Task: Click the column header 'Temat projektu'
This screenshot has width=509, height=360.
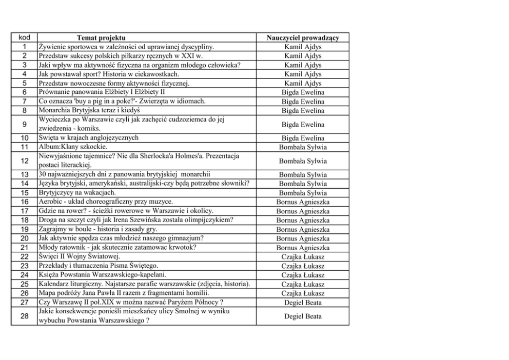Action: (x=101, y=38)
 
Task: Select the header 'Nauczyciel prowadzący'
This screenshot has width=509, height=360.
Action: (x=303, y=38)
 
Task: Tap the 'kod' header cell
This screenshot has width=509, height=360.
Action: (x=24, y=38)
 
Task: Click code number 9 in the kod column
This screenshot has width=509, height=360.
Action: (x=24, y=124)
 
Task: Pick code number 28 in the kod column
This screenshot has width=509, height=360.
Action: (x=24, y=316)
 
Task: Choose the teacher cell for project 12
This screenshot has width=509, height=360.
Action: (x=303, y=161)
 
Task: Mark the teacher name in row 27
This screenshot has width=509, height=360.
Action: (x=303, y=303)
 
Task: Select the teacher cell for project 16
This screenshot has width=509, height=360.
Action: (x=303, y=202)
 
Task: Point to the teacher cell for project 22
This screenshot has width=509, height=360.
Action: (x=303, y=257)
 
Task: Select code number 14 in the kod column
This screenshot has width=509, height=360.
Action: (x=24, y=184)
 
